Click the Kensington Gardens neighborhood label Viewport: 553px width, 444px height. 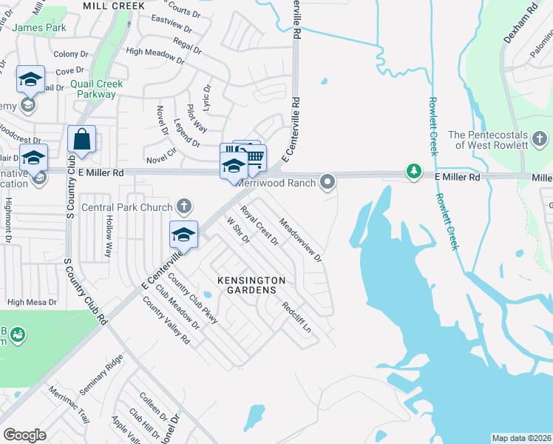click(x=251, y=286)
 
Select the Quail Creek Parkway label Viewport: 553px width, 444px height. click(x=97, y=90)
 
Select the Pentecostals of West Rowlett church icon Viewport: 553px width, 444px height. click(x=540, y=138)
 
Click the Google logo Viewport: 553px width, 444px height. click(x=24, y=435)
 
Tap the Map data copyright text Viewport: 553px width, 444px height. click(x=521, y=437)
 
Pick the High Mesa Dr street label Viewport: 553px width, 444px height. click(x=32, y=302)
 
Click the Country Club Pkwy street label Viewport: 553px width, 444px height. click(x=193, y=299)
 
